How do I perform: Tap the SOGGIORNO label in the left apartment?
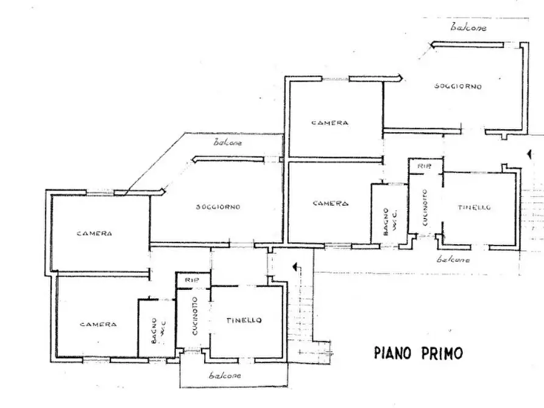point(217,207)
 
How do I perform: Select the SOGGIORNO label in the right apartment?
point(457,86)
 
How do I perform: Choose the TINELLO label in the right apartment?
point(474,208)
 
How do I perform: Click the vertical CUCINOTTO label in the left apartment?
point(194,316)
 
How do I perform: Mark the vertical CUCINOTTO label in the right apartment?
point(424,208)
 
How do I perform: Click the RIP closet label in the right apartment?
point(421,165)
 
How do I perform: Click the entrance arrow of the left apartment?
point(296,267)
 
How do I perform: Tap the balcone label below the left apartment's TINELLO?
point(224,376)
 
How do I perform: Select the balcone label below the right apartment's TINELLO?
point(454,259)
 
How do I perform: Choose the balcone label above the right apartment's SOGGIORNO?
point(468,27)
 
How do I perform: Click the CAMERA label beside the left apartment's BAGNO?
point(98,325)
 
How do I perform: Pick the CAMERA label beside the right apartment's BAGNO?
point(330,203)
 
